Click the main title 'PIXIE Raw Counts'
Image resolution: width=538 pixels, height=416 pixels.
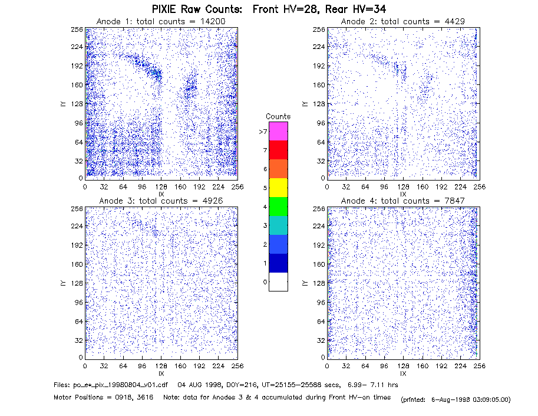click(x=197, y=9)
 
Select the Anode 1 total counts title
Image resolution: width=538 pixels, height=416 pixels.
click(x=161, y=21)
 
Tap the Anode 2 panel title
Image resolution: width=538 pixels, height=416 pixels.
click(x=403, y=21)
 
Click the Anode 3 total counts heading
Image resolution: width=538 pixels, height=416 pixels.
click(x=161, y=201)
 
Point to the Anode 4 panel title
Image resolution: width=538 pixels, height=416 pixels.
click(x=403, y=201)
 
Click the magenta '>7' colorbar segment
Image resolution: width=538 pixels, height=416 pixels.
click(x=278, y=131)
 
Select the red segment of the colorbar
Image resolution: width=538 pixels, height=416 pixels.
click(x=278, y=150)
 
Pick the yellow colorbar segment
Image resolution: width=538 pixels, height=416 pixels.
click(x=278, y=188)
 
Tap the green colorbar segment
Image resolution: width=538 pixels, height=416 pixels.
click(x=278, y=207)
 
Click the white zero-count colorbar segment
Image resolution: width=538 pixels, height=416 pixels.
click(x=278, y=281)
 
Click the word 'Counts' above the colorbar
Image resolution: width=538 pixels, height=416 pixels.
click(x=278, y=116)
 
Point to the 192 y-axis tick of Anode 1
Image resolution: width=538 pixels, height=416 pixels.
click(x=77, y=65)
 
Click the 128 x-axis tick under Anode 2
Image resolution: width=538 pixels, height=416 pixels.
click(x=403, y=187)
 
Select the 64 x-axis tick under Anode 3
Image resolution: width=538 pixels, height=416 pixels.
click(x=123, y=366)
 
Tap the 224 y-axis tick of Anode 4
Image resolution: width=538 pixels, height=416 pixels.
click(x=319, y=226)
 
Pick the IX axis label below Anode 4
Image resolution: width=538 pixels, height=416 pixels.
click(x=403, y=374)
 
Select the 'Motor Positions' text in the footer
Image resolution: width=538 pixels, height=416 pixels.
click(x=78, y=398)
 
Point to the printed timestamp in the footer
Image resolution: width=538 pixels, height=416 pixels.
click(x=456, y=399)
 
